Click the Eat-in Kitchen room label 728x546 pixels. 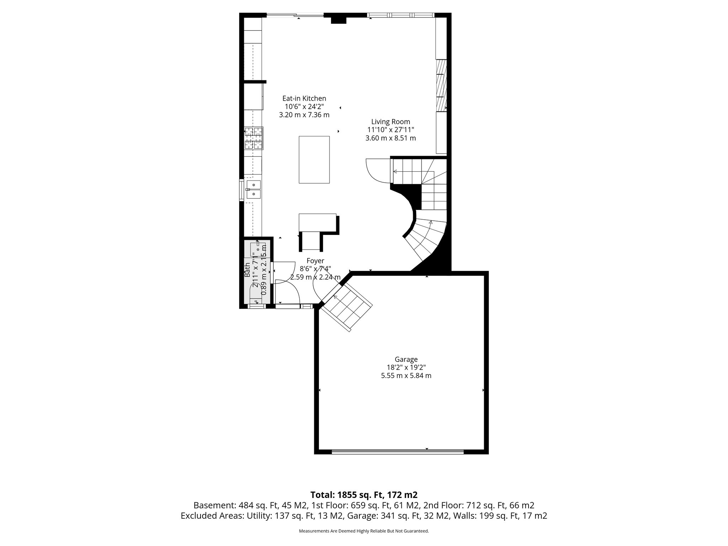point(304,98)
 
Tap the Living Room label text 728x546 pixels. point(390,122)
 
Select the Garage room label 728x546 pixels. point(406,359)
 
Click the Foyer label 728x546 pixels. point(315,261)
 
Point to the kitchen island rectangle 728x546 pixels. point(314,160)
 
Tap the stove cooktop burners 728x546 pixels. point(254,138)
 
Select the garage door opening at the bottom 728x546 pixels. point(397,452)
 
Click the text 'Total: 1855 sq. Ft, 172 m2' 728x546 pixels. point(364,495)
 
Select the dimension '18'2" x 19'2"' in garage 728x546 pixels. point(406,368)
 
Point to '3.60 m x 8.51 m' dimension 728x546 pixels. point(390,138)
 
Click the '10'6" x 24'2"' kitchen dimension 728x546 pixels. point(304,107)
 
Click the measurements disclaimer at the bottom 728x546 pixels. point(364,531)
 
